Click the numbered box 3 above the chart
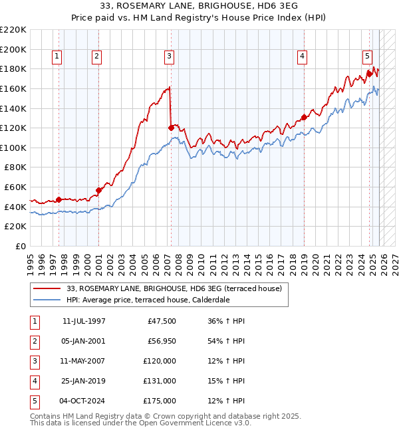tap(170, 57)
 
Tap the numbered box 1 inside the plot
tap(57, 57)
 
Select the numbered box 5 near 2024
tap(367, 57)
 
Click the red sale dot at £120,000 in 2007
tap(171, 127)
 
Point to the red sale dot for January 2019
tap(304, 117)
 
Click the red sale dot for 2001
tap(98, 190)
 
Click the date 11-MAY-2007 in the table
tap(83, 360)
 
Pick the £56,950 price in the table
tap(160, 340)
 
